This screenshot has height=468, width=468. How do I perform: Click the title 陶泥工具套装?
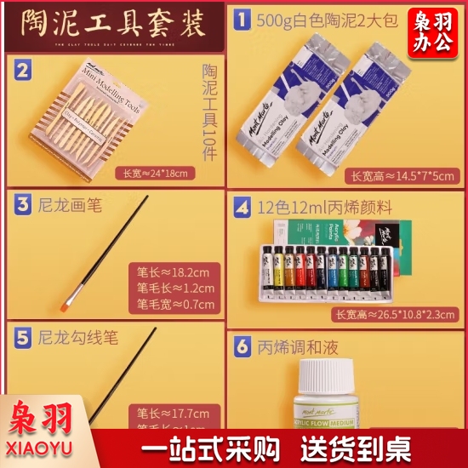111,23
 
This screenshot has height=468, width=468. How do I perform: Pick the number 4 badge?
243,205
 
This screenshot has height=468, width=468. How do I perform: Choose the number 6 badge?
243,348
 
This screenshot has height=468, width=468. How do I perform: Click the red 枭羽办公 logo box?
433,30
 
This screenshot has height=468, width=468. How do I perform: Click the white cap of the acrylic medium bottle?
328,374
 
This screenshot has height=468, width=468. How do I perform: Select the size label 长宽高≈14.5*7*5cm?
399,176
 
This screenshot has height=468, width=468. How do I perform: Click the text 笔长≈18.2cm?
173,272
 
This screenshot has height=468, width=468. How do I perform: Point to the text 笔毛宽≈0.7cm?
173,305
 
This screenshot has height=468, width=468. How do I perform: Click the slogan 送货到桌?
374,446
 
